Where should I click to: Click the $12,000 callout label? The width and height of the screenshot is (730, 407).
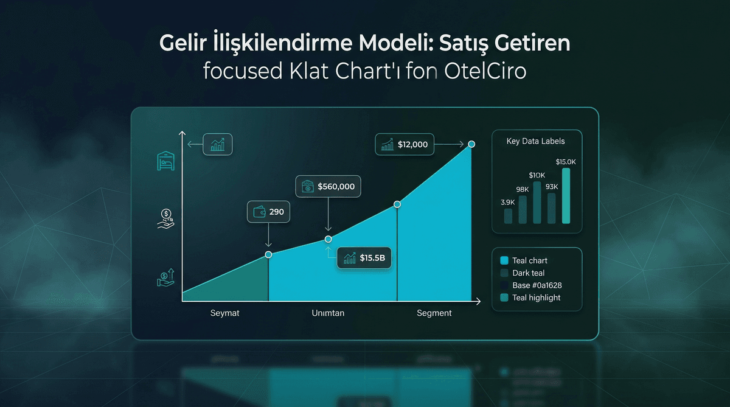click(x=405, y=145)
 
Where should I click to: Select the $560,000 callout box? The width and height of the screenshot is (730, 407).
click(x=328, y=187)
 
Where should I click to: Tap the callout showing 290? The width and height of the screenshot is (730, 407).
click(x=269, y=212)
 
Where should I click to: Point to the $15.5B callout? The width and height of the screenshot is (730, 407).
click(x=364, y=258)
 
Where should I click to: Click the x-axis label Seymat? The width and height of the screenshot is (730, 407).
click(x=226, y=313)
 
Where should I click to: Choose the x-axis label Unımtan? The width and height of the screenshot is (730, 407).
click(x=328, y=313)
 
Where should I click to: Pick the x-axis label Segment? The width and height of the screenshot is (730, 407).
click(x=434, y=313)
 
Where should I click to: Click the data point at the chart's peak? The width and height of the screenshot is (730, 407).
click(x=471, y=144)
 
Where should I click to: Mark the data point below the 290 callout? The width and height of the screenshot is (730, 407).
click(x=268, y=254)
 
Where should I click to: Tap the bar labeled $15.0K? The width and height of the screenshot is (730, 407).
click(x=566, y=195)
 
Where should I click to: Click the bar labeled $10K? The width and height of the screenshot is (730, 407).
click(x=537, y=202)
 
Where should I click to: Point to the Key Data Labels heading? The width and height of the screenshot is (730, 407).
click(x=535, y=141)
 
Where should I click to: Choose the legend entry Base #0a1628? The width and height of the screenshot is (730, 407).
click(x=536, y=285)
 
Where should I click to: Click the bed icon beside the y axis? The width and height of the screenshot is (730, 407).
click(x=165, y=161)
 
